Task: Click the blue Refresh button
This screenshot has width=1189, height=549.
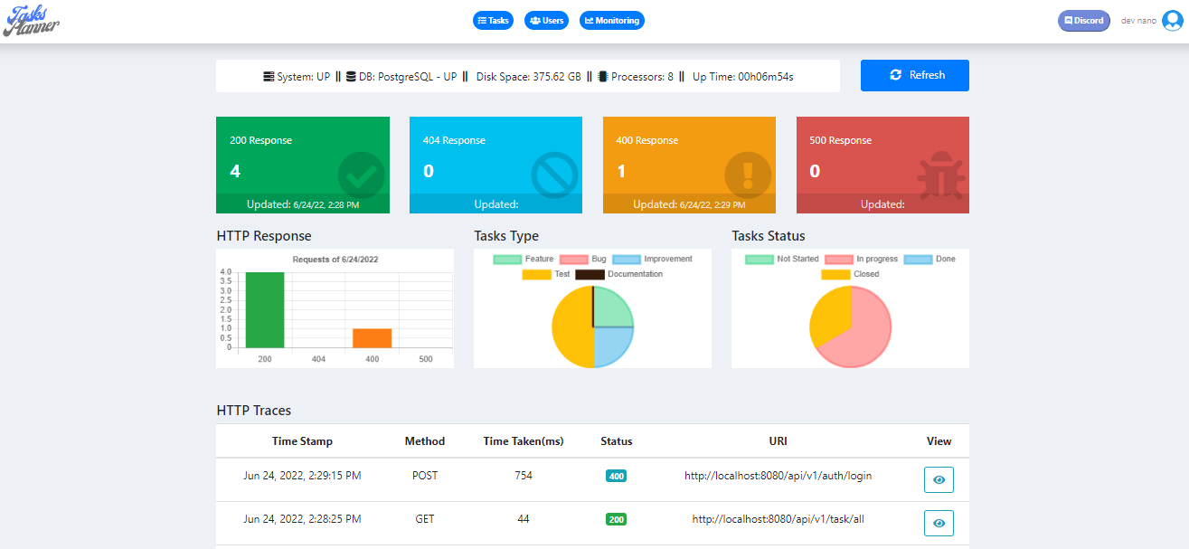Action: tap(914, 75)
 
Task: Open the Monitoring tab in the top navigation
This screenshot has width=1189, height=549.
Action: tap(612, 20)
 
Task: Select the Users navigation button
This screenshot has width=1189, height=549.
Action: tap(546, 20)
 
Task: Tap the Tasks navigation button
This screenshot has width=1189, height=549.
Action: tap(493, 20)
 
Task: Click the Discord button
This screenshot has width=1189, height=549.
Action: tap(1083, 20)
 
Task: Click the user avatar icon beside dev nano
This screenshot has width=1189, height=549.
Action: tap(1173, 21)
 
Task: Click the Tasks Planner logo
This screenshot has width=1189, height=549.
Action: tap(32, 20)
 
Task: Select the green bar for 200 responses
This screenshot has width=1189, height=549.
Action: tap(265, 310)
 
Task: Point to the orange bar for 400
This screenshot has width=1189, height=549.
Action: tap(372, 338)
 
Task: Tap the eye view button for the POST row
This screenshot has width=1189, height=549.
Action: tap(939, 479)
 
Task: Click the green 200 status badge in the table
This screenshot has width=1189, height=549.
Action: tap(616, 519)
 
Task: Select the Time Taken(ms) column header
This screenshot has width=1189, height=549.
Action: tap(524, 441)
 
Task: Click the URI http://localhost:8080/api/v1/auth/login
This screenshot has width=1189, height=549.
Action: tap(778, 475)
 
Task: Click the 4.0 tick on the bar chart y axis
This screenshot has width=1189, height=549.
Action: tap(225, 271)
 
